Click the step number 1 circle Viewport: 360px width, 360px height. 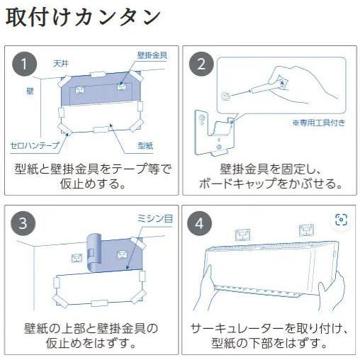click(x=24, y=64)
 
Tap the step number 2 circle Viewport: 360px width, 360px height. click(x=201, y=64)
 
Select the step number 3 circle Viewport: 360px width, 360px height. click(x=23, y=223)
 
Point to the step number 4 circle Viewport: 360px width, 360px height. click(x=200, y=223)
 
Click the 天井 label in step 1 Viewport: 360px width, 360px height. click(x=61, y=63)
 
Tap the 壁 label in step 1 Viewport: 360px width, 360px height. click(x=30, y=91)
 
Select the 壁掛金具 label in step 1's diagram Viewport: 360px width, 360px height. click(x=152, y=55)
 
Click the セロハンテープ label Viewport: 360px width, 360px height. click(x=35, y=145)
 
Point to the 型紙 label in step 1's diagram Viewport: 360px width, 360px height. click(x=145, y=145)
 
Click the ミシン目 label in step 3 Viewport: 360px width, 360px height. click(x=155, y=218)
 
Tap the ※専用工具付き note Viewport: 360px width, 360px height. click(x=319, y=123)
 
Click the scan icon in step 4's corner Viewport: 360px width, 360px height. click(x=341, y=220)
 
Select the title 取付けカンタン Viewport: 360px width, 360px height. click(x=83, y=18)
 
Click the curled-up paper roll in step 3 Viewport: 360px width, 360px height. click(x=94, y=253)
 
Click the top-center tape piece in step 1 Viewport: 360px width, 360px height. click(x=99, y=74)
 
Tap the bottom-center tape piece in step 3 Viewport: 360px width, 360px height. click(x=99, y=303)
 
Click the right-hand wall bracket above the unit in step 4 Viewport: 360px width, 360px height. click(x=306, y=230)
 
